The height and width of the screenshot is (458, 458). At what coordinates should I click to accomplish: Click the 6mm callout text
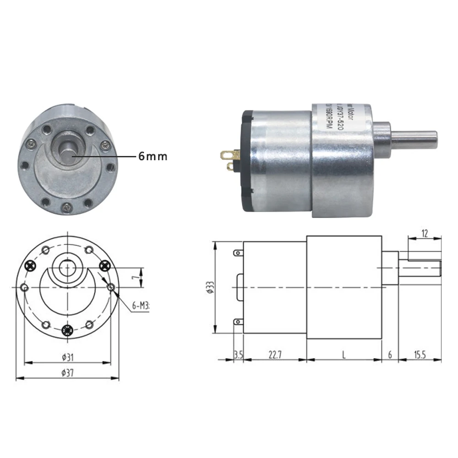[x=153, y=156]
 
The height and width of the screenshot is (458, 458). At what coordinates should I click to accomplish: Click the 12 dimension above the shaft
[x=424, y=234]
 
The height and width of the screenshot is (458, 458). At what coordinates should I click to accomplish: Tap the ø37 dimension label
[x=68, y=372]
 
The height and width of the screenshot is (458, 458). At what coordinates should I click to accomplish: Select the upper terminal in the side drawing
[x=238, y=253]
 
